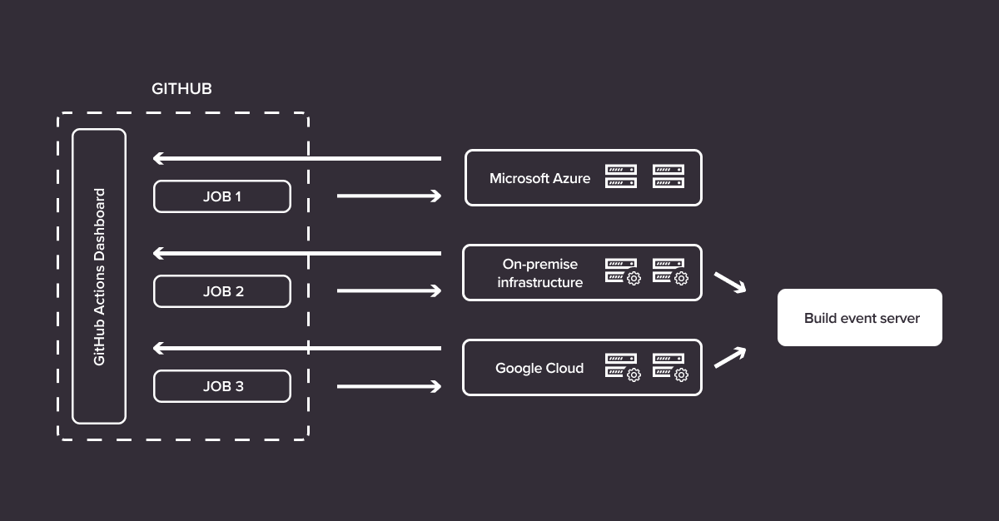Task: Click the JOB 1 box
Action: tap(222, 196)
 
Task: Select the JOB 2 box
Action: tap(222, 291)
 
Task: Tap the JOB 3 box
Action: tap(222, 386)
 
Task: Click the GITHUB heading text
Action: tap(181, 88)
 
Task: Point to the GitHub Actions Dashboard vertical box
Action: tap(99, 276)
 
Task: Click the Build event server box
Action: tap(860, 318)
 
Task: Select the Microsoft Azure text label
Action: tap(539, 178)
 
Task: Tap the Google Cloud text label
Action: tap(539, 368)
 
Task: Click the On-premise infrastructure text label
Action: tap(539, 273)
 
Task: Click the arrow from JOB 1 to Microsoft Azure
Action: tap(389, 196)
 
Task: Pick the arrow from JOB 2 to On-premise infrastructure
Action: tap(389, 291)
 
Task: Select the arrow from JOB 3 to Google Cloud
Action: tap(389, 386)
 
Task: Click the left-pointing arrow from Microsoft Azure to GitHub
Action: tap(296, 158)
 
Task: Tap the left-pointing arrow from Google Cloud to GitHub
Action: tap(296, 348)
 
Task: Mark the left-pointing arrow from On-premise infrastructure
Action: tap(296, 253)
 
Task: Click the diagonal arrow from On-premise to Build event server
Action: tap(730, 283)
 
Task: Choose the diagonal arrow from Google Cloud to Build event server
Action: tap(730, 357)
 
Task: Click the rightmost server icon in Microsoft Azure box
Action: tap(668, 176)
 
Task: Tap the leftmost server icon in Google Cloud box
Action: tap(622, 367)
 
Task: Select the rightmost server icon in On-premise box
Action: tap(669, 272)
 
